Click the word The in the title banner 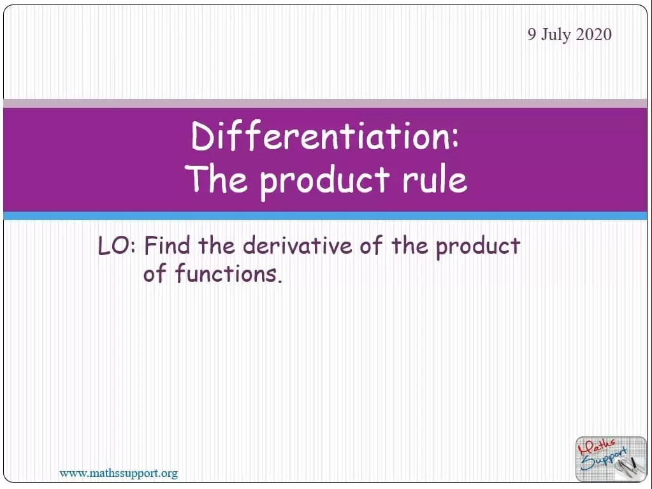coord(217,179)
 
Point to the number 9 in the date coord(532,34)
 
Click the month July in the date coord(556,35)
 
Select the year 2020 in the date coord(593,34)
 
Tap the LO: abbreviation coord(117,246)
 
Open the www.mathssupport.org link coord(119,473)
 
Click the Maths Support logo coord(610,458)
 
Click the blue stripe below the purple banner coord(325,216)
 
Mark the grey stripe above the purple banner coord(325,103)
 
